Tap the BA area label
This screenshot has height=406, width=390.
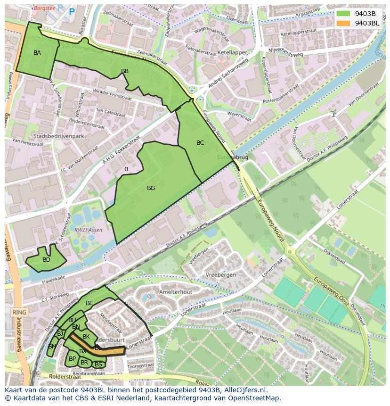pyautogui.click(x=37, y=53)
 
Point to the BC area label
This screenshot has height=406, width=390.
pyautogui.click(x=200, y=143)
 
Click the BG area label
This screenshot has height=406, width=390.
pyautogui.click(x=151, y=188)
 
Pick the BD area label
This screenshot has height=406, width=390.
pyautogui.click(x=46, y=260)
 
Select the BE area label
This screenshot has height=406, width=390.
pyautogui.click(x=89, y=303)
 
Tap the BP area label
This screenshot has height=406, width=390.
pyautogui.click(x=72, y=359)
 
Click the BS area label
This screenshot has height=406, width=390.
pyautogui.click(x=98, y=365)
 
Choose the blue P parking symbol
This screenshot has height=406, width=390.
pyautogui.click(x=72, y=12)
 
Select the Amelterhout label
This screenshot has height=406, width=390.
pyautogui.click(x=176, y=292)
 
